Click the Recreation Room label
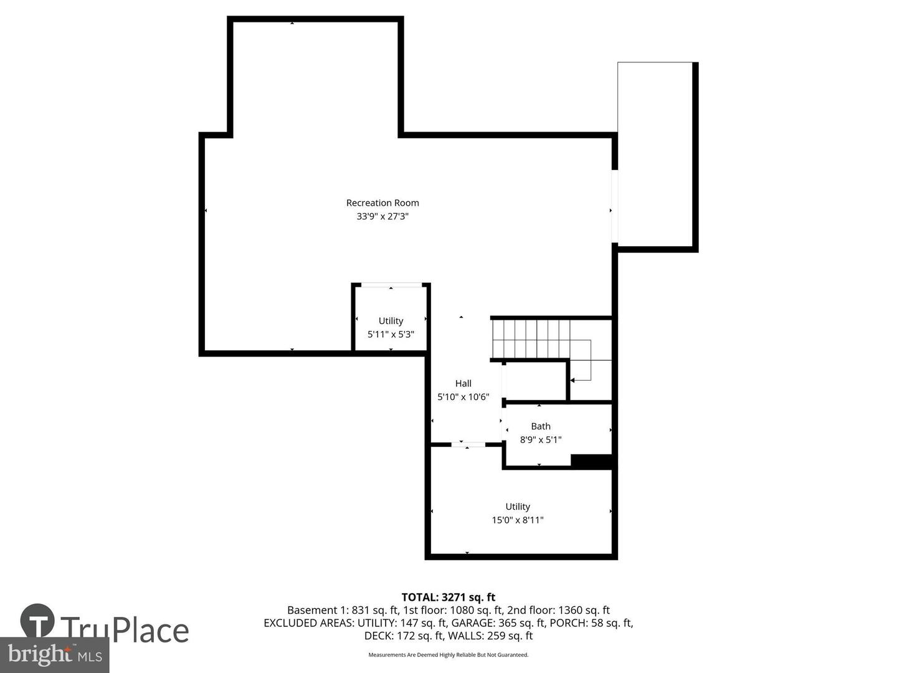[x=382, y=203]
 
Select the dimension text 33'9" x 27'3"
[x=382, y=216]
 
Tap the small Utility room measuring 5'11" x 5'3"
[x=391, y=321]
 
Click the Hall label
[x=463, y=383]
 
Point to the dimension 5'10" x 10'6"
[x=463, y=397]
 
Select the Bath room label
[x=541, y=426]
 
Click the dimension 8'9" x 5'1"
[x=541, y=440]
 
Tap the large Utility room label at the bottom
[x=518, y=507]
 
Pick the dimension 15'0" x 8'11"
[x=518, y=520]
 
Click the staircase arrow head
[x=572, y=379]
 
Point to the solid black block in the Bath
[x=592, y=461]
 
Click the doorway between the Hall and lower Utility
[x=468, y=444]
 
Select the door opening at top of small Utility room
[x=391, y=285]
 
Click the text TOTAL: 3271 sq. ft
[x=448, y=597]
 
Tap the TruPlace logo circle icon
[x=37, y=621]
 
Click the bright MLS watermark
[x=55, y=655]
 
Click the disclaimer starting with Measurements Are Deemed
[x=448, y=655]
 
